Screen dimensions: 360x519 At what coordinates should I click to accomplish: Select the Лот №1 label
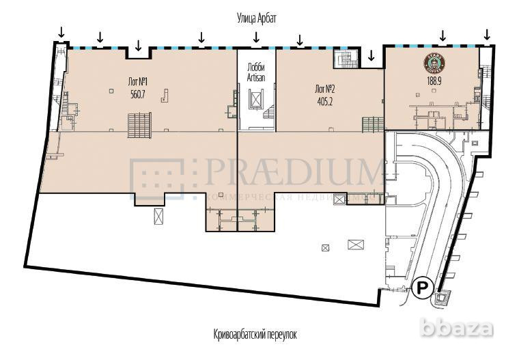pos(138,82)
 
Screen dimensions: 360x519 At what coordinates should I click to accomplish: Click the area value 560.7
pos(139,94)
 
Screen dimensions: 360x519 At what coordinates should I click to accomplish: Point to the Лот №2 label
pos(324,89)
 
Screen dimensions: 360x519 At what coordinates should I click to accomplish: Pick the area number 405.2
pos(325,101)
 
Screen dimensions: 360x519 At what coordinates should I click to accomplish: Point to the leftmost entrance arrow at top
pos(61,32)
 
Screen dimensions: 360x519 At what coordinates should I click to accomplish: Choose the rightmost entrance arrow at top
pos(487,34)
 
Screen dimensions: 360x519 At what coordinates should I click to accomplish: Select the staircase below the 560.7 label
pos(139,125)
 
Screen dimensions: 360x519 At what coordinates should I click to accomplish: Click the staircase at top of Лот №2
pos(345,59)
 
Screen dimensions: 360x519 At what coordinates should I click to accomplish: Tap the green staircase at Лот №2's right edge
pos(373,125)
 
